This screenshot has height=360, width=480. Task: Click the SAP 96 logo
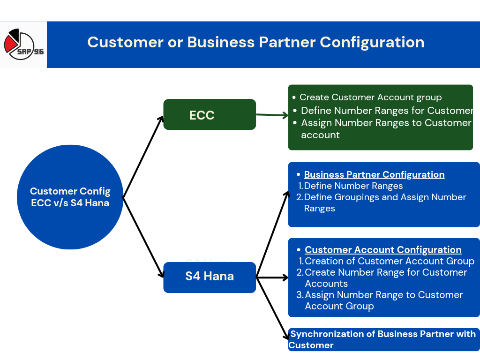click(x=23, y=45)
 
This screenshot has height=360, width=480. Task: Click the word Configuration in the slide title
click(x=372, y=42)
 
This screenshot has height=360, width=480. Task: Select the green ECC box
click(x=209, y=114)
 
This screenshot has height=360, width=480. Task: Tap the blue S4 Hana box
click(x=209, y=277)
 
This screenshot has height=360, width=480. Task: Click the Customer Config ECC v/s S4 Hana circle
click(x=70, y=197)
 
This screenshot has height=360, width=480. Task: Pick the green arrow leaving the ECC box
click(x=272, y=115)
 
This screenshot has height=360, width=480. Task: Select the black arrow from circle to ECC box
click(x=143, y=157)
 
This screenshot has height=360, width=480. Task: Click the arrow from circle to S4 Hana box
click(x=143, y=237)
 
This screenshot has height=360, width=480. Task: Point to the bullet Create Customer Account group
click(x=370, y=97)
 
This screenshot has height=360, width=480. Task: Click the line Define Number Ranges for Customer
click(x=386, y=111)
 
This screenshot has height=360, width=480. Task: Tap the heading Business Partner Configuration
click(x=374, y=175)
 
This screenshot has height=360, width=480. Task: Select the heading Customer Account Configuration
click(x=383, y=250)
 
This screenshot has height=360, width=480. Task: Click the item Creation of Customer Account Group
click(x=389, y=262)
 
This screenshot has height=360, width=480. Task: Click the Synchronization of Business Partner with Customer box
click(x=383, y=339)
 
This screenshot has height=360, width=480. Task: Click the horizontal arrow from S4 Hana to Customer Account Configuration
click(x=272, y=277)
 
